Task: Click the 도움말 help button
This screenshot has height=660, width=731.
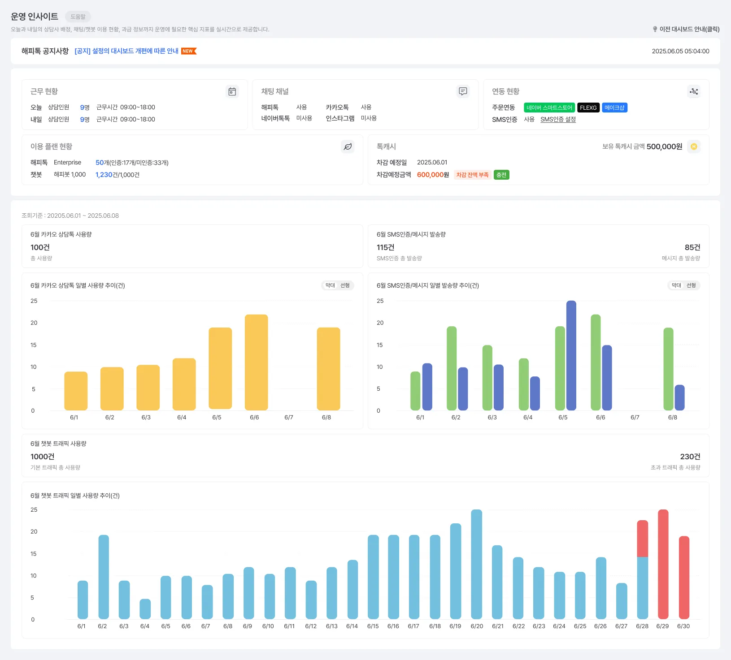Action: pos(78,17)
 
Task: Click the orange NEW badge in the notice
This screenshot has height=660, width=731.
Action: pos(188,51)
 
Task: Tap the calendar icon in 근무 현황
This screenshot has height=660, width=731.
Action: pos(232,91)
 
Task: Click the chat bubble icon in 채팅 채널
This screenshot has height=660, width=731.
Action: pos(463,91)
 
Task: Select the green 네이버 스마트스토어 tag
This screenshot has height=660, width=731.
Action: pos(549,108)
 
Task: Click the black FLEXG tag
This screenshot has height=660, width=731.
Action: pos(588,108)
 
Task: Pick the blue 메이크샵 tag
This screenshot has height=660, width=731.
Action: pos(614,108)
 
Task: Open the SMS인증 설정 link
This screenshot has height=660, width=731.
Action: pos(558,119)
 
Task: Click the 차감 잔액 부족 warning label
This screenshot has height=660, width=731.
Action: pos(472,175)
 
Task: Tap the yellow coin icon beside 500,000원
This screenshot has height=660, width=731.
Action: pos(694,147)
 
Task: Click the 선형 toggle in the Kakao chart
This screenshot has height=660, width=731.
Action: pos(345,285)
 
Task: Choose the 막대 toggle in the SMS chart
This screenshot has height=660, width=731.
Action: pos(676,285)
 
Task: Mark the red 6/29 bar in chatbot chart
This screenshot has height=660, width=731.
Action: pos(663,564)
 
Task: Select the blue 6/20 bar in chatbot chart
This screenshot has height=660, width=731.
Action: pos(476,564)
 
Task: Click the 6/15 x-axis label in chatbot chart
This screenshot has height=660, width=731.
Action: pos(373,626)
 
